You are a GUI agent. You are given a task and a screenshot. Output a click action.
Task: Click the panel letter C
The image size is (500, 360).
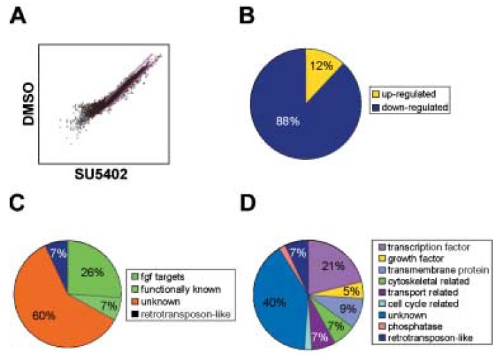tap(19, 205)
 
